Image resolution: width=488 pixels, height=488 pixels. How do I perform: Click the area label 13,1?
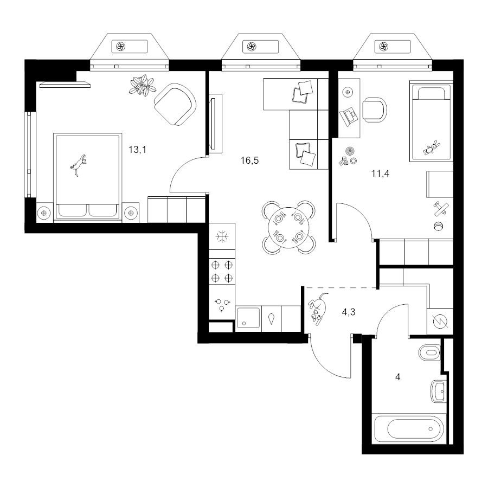coord(137,150)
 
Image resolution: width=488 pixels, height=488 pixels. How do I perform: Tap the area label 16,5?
coord(249,160)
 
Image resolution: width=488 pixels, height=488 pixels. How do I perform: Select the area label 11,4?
coord(380,174)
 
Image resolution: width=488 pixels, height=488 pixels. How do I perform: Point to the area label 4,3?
coord(349,312)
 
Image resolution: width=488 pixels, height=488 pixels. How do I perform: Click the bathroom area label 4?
coord(397,377)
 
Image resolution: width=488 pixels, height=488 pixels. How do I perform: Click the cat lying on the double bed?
coord(79,165)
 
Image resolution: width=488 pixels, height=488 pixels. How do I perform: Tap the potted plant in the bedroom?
coord(142,85)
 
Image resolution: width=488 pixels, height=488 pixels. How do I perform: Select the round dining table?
coord(288,228)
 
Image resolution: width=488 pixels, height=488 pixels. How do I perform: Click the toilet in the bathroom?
coord(430,352)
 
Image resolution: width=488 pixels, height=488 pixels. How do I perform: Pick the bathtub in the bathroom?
coord(409,429)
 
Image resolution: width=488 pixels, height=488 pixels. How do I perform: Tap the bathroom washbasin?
coord(439,391)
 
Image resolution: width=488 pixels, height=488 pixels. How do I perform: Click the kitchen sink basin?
coord(248,318)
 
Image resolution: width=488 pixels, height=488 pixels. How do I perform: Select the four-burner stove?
coord(222,271)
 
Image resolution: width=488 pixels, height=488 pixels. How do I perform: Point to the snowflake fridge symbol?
coord(222,237)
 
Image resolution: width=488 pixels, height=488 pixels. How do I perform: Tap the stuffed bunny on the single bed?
coord(432,147)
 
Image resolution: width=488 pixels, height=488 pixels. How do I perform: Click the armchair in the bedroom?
coord(175,105)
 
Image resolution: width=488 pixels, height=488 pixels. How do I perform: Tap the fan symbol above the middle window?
coord(252,47)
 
